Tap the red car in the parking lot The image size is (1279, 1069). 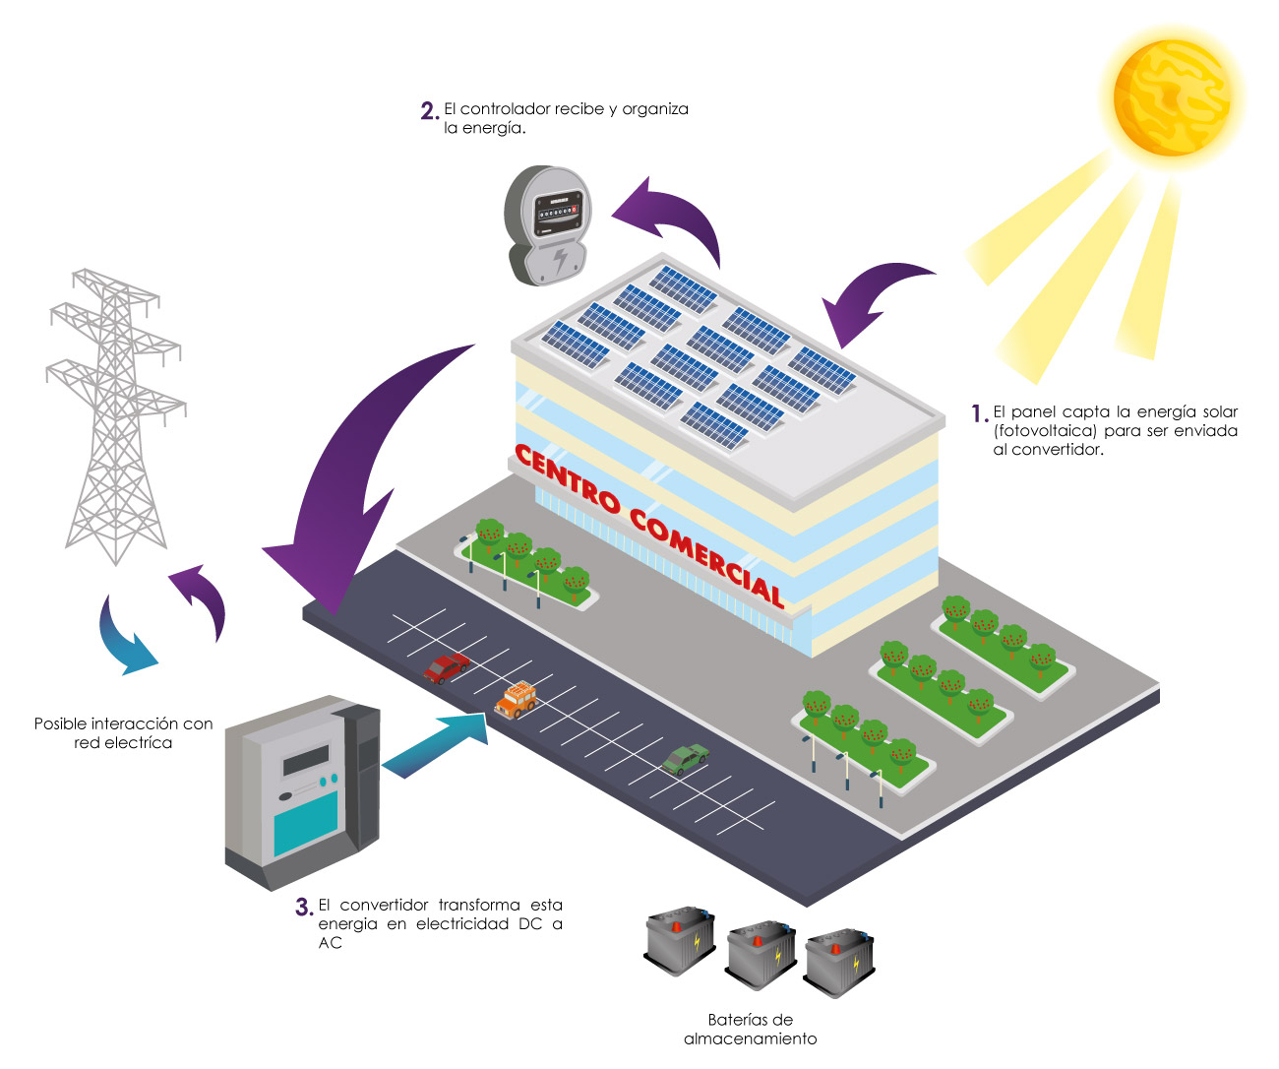(x=446, y=667)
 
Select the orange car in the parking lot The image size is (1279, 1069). (x=516, y=700)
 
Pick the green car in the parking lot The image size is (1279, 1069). (x=685, y=759)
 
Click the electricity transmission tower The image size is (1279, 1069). (x=115, y=416)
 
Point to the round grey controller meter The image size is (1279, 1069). (x=547, y=225)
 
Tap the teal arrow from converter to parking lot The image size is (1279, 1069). (x=436, y=745)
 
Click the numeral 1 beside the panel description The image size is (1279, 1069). (x=978, y=413)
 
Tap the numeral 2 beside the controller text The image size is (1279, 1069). (x=428, y=110)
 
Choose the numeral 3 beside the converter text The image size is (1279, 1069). (x=303, y=907)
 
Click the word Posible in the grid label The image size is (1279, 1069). (x=59, y=723)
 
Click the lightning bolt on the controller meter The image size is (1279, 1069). (x=560, y=261)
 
